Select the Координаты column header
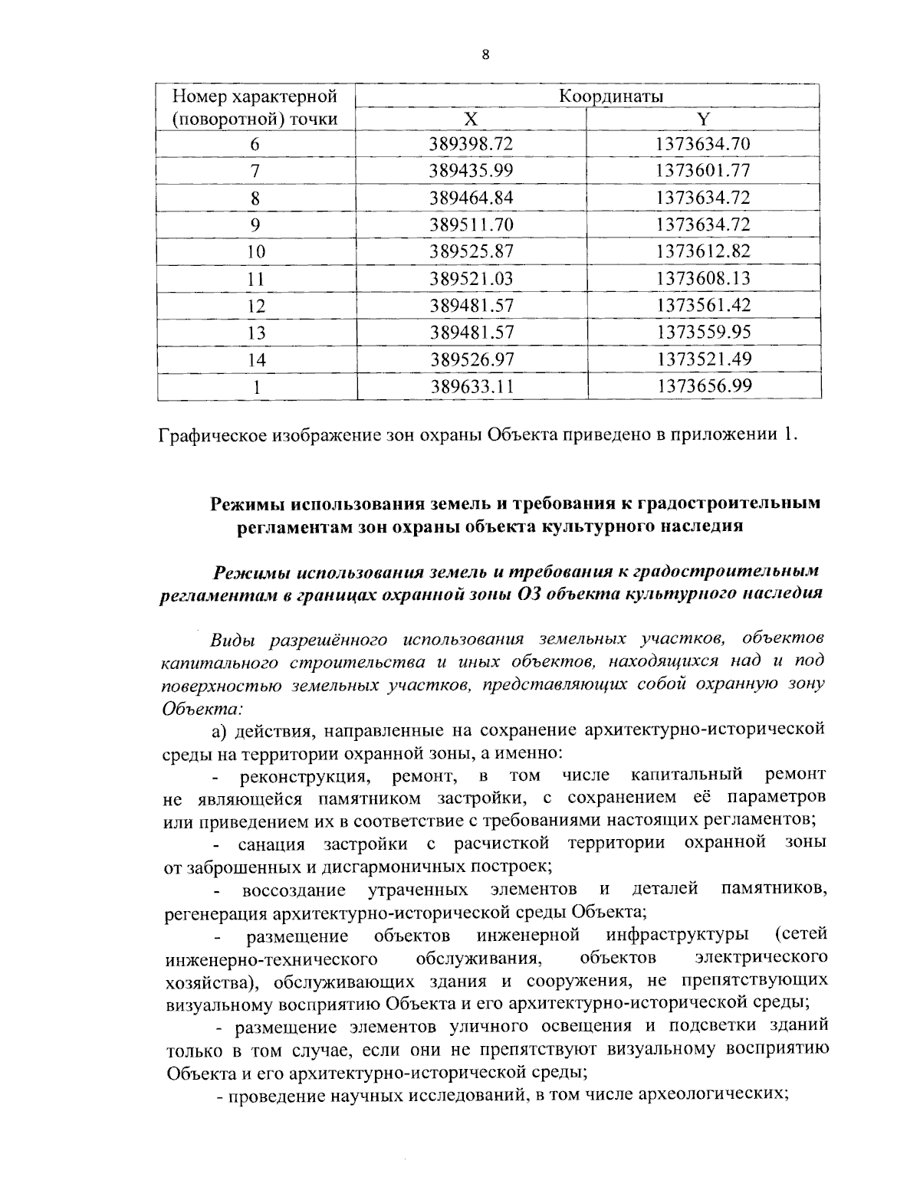coord(610,96)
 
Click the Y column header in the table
coord(703,119)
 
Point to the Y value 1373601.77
coord(703,171)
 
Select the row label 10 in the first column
coord(256,252)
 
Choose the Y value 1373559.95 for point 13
coord(703,333)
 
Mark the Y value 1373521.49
coord(703,359)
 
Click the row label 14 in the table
coord(256,360)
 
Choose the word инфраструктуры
coord(677,936)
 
